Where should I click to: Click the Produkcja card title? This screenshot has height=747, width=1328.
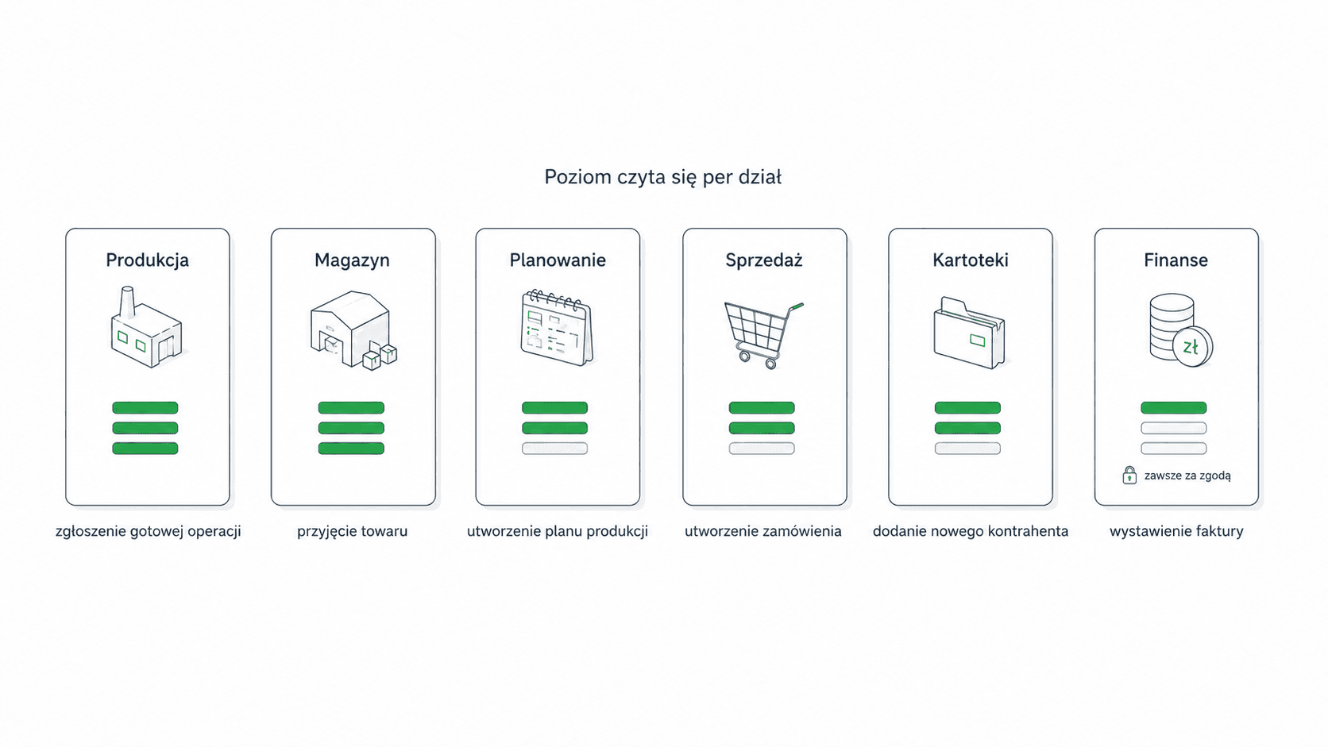pyautogui.click(x=147, y=260)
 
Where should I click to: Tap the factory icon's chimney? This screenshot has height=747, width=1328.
pyautogui.click(x=127, y=302)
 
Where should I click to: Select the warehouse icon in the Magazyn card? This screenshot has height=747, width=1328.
pyautogui.click(x=353, y=330)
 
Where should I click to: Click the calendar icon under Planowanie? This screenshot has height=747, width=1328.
pyautogui.click(x=557, y=328)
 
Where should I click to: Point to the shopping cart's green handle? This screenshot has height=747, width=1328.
pyautogui.click(x=797, y=306)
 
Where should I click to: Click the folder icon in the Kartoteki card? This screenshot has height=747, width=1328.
pyautogui.click(x=969, y=333)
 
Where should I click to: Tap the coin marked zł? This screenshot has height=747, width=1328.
pyautogui.click(x=1191, y=347)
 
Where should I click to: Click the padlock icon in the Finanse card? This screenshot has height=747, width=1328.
pyautogui.click(x=1129, y=475)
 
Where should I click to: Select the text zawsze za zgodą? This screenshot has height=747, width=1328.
pyautogui.click(x=1187, y=476)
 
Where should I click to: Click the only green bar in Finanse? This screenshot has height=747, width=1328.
pyautogui.click(x=1173, y=407)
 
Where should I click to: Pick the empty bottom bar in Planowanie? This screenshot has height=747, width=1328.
pyautogui.click(x=554, y=449)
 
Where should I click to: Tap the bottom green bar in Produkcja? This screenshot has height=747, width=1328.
pyautogui.click(x=145, y=449)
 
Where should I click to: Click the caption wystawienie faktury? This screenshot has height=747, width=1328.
pyautogui.click(x=1176, y=531)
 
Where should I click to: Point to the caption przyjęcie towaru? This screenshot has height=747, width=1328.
pyautogui.click(x=352, y=531)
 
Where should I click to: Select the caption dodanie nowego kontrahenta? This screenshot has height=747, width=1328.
pyautogui.click(x=971, y=531)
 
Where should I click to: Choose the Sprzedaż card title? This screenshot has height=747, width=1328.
pyautogui.click(x=763, y=260)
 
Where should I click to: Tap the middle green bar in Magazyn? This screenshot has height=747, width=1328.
pyautogui.click(x=351, y=428)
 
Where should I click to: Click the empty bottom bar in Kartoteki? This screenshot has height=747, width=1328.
pyautogui.click(x=967, y=449)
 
